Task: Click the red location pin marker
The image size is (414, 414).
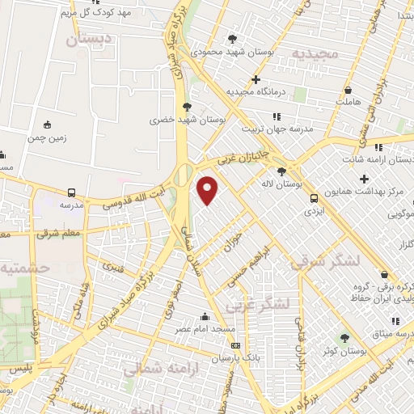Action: coord(208,191)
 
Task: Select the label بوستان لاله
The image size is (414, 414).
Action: coord(305,184)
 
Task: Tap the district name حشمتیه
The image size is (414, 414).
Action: coord(24,267)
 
